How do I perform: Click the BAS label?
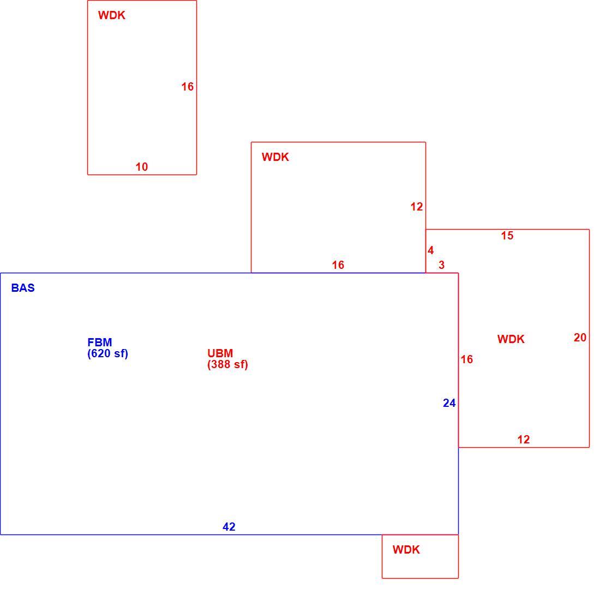tap(23, 288)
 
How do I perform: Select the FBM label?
tap(99, 342)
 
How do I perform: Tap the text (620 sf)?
tap(107, 353)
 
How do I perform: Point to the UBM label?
tap(220, 353)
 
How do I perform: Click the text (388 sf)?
tap(227, 364)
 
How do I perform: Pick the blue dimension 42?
tap(229, 527)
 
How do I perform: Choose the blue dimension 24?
tap(449, 403)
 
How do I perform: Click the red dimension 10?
tap(142, 167)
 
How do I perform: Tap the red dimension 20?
tap(580, 338)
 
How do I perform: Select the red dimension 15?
tap(507, 236)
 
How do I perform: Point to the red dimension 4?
tap(430, 250)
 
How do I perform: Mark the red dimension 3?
tap(442, 265)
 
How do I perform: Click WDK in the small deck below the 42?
tap(406, 550)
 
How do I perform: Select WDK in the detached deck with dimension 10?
tap(112, 15)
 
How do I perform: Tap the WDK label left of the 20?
tap(511, 339)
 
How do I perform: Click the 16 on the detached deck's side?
tap(188, 87)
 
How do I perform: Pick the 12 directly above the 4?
tap(417, 207)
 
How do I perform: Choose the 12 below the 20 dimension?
tap(524, 440)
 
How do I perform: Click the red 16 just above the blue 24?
tap(467, 359)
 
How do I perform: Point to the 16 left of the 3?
tap(338, 265)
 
